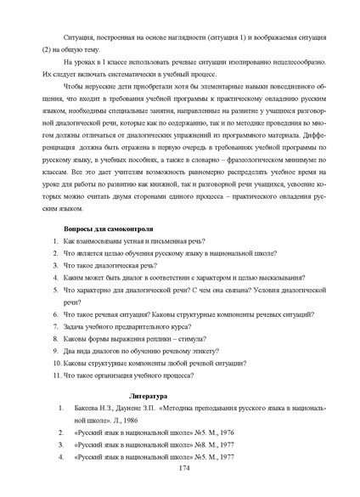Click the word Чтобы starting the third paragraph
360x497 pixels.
pyautogui.click(x=78, y=87)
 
